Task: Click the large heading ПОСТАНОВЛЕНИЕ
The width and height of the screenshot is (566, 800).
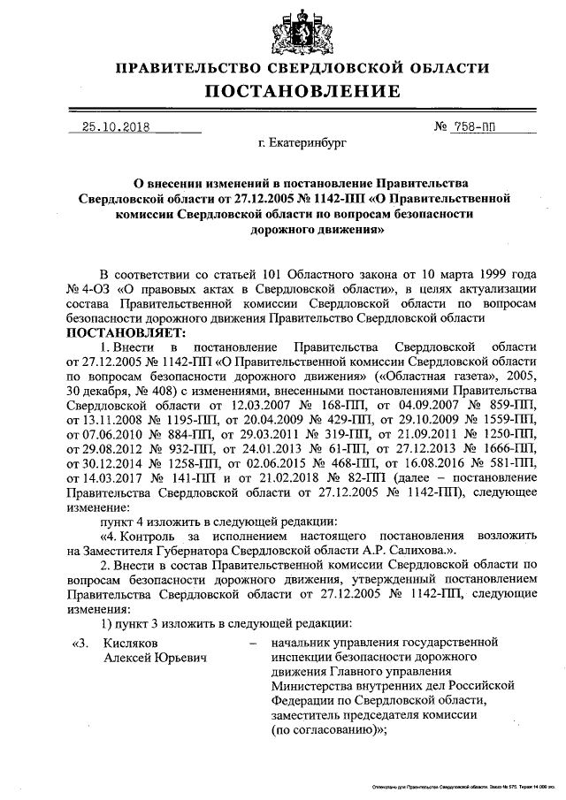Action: click(x=303, y=91)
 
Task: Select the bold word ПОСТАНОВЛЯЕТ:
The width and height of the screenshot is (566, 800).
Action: click(x=123, y=332)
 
